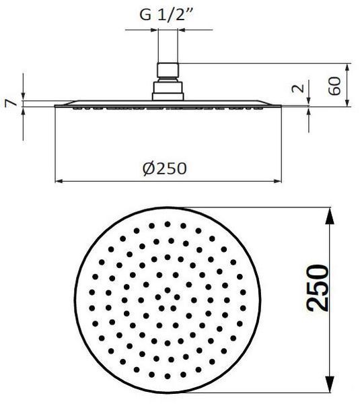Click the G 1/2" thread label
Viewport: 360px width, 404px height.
(166, 15)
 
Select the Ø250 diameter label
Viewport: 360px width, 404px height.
(165, 168)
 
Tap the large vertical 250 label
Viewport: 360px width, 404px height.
(318, 288)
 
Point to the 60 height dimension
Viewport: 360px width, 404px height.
(334, 86)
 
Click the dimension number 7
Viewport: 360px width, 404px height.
(11, 103)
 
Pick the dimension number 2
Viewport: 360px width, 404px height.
(298, 88)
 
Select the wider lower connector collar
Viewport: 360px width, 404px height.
(168, 91)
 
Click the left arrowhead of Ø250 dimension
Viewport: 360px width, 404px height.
(59, 181)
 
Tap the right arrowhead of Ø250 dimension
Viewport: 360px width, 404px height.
(278, 181)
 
